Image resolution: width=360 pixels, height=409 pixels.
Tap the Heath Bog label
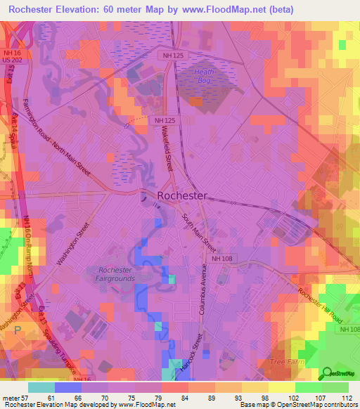pyautogui.click(x=205, y=77)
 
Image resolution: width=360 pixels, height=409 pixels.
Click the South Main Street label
pyautogui.click(x=199, y=233)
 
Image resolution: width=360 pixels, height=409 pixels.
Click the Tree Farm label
pyautogui.click(x=285, y=362)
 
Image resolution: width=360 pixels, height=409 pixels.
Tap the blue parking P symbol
pyautogui.click(x=17, y=329)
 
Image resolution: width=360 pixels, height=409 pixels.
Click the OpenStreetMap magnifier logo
pyautogui.click(x=328, y=372)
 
